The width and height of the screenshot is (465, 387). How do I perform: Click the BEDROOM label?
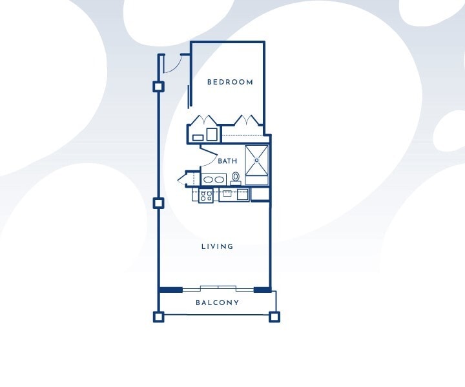click(x=230, y=82)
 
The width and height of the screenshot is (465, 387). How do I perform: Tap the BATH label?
click(x=227, y=161)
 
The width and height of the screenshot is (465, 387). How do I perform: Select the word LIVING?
click(x=218, y=246)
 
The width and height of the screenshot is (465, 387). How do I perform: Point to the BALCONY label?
click(x=218, y=303)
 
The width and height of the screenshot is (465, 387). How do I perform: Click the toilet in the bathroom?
click(x=236, y=178)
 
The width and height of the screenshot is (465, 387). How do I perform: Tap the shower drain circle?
click(x=257, y=160)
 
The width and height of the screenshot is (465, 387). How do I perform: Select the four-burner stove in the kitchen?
click(x=206, y=195)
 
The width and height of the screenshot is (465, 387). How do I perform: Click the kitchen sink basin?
click(x=227, y=193)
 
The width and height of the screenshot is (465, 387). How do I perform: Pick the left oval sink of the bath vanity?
click(x=208, y=179)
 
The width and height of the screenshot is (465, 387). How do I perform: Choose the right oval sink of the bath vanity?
click(x=219, y=179)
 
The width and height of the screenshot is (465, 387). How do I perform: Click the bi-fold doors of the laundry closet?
click(x=204, y=120)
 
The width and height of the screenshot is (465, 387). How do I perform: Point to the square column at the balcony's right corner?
click(x=274, y=317)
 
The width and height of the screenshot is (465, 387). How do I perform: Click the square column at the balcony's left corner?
click(x=159, y=317)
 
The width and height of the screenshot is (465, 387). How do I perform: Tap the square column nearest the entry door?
click(x=158, y=87)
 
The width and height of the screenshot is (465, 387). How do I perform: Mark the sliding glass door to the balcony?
click(x=218, y=288)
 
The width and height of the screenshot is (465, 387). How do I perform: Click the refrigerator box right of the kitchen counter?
click(x=260, y=194)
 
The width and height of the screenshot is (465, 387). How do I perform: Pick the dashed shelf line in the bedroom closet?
click(x=243, y=135)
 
